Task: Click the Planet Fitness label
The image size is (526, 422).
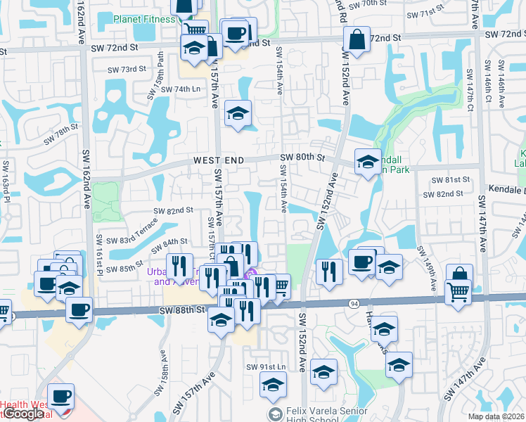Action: point(145,19)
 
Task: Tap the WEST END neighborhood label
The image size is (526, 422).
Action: point(219,161)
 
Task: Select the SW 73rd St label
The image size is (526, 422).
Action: point(127,70)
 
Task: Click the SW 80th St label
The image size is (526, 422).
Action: point(304,158)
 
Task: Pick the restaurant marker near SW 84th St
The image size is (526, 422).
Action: point(179,266)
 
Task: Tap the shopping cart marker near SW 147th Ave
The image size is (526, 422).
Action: point(458,290)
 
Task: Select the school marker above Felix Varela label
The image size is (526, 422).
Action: point(273,385)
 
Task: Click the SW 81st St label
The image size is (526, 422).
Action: point(450,180)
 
